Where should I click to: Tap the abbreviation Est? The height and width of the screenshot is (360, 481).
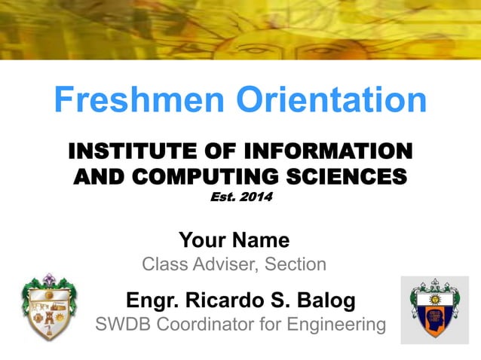[x=221, y=198]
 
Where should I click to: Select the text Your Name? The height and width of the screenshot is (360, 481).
[x=234, y=240]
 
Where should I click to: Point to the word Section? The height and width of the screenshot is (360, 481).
[x=296, y=264]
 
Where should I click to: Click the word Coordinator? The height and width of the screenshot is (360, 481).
[x=206, y=325]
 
